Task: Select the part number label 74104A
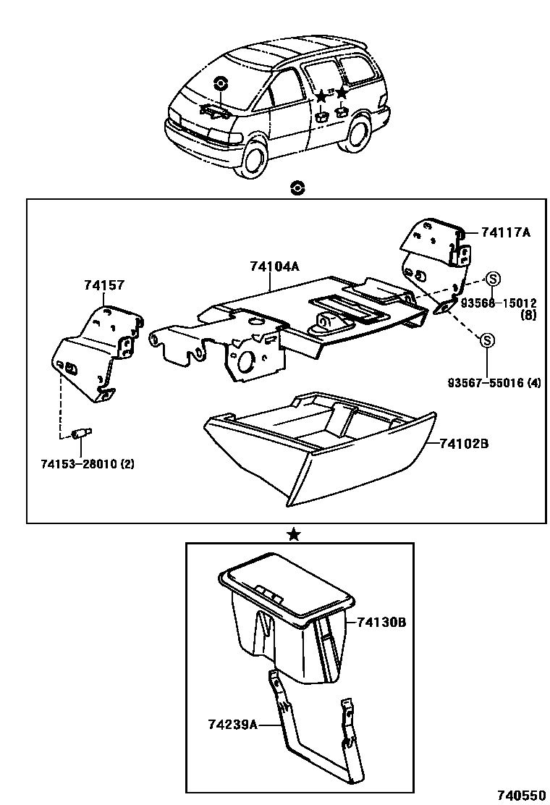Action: click(x=274, y=266)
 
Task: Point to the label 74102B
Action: click(x=464, y=442)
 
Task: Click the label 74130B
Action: click(x=380, y=621)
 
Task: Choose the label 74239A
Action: click(x=233, y=723)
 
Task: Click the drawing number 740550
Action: click(x=520, y=794)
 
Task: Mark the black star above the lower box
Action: click(x=293, y=534)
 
